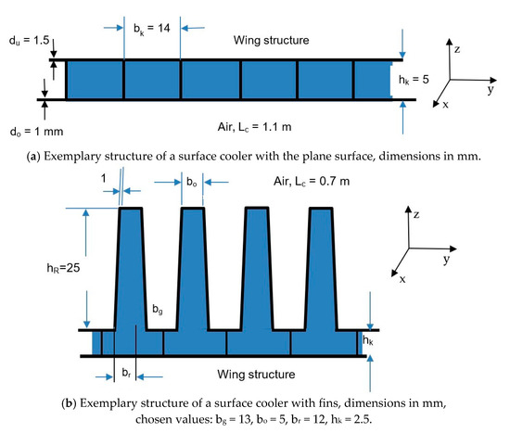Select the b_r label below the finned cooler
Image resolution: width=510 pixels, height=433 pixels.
pyautogui.click(x=125, y=371)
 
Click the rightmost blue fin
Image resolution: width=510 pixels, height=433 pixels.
pyautogui.click(x=323, y=269)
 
